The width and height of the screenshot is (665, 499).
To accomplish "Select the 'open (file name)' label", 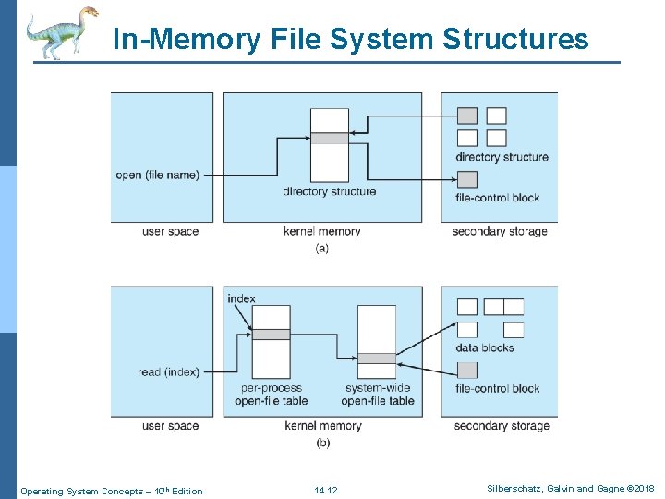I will [157, 175].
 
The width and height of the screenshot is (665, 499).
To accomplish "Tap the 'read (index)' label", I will [168, 372].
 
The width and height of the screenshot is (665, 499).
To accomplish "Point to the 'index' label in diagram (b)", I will [241, 298].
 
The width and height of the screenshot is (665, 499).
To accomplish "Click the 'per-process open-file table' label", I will [271, 395].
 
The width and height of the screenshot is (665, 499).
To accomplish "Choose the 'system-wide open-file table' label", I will [377, 395].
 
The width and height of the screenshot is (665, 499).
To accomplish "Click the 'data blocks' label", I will [484, 347].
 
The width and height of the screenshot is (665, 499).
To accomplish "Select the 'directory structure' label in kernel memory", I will [330, 191].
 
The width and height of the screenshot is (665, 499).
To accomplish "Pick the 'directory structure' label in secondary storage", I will [502, 157].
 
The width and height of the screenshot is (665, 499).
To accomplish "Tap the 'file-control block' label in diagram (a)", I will [497, 197].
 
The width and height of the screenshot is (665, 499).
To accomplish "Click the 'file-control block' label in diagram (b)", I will [497, 388].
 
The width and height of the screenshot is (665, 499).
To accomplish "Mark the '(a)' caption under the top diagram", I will [321, 248].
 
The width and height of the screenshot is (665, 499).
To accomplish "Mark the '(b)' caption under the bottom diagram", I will [322, 443].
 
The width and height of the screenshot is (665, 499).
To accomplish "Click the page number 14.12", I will [325, 491].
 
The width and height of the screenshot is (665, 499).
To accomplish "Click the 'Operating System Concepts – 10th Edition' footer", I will [111, 491].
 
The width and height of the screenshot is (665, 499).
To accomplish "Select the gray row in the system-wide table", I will [376, 359].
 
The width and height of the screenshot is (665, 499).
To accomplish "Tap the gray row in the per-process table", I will [271, 335].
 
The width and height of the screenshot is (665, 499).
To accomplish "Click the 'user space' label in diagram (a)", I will [170, 231].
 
